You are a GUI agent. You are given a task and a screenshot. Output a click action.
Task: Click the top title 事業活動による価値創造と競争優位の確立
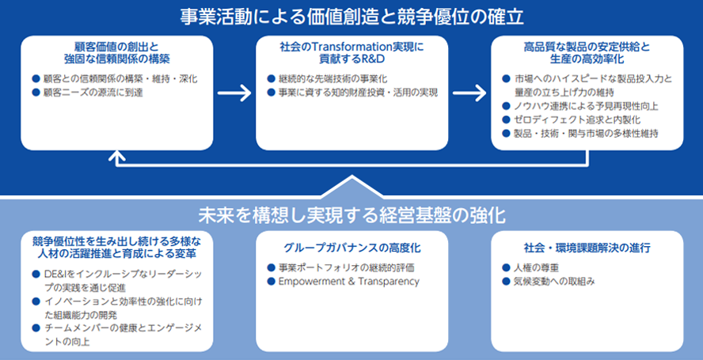(351, 15)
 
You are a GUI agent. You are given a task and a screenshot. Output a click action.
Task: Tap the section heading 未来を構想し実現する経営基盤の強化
(351, 215)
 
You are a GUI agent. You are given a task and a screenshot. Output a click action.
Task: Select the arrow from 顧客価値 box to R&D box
(234, 93)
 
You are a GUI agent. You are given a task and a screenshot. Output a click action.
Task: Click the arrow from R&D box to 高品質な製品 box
(469, 93)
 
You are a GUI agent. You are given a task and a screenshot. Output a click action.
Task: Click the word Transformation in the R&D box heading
(348, 47)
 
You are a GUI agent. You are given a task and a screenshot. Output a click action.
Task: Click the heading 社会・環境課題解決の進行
(587, 248)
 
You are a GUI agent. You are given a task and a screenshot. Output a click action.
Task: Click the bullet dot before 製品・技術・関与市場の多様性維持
(506, 133)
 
